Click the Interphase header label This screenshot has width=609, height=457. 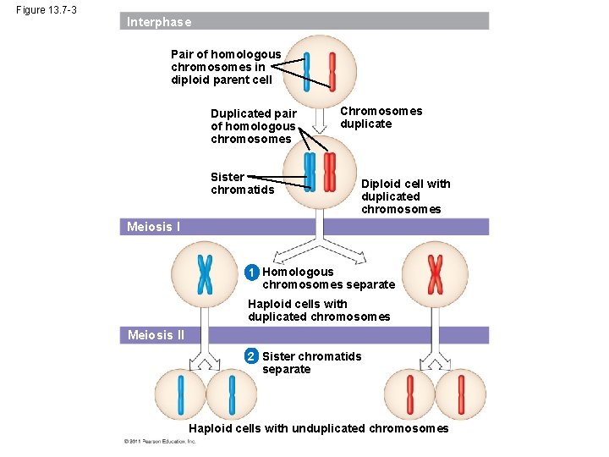159,22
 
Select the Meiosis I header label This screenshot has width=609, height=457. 153,227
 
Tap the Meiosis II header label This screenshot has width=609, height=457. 156,335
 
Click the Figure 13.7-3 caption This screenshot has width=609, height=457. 47,10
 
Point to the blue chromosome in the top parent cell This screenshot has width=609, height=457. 307,71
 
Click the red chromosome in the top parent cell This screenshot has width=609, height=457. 332,71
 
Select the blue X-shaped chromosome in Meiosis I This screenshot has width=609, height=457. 205,273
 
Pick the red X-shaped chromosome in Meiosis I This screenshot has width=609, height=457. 435,273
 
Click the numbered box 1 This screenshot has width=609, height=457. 251,273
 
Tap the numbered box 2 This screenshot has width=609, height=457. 251,356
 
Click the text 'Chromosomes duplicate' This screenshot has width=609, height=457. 381,118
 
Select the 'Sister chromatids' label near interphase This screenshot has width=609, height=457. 242,183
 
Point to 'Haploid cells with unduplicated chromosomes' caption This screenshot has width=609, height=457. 318,428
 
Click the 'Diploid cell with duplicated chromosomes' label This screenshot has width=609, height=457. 405,196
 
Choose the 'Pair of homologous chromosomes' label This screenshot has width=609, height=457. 225,67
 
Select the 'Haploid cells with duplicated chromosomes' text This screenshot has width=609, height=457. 319,311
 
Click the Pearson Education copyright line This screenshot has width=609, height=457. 159,442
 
